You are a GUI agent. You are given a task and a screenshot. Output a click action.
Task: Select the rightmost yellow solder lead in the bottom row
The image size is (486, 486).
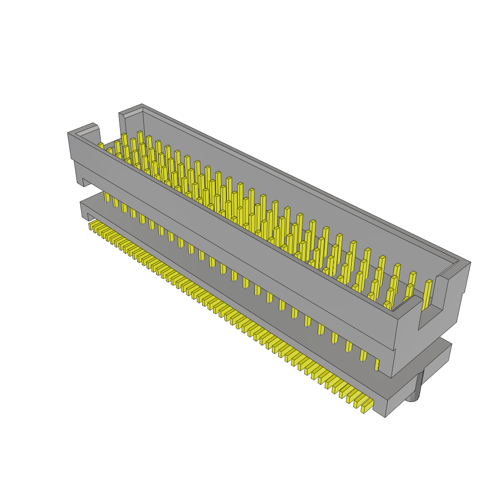pos(367,406)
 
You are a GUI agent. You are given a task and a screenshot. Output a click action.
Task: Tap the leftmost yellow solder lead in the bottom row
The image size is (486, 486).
pos(91,225)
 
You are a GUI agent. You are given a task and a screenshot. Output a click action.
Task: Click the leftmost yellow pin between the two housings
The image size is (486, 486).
pos(107,196)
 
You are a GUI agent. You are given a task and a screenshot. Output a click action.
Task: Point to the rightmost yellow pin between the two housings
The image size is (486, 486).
pos(377,364)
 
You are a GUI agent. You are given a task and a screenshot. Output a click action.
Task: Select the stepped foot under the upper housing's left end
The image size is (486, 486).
pos(80,178)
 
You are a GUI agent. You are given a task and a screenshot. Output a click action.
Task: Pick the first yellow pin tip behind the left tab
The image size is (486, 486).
pos(101,145)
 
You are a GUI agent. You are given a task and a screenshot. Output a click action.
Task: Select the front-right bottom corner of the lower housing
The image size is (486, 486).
pos(385,417)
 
